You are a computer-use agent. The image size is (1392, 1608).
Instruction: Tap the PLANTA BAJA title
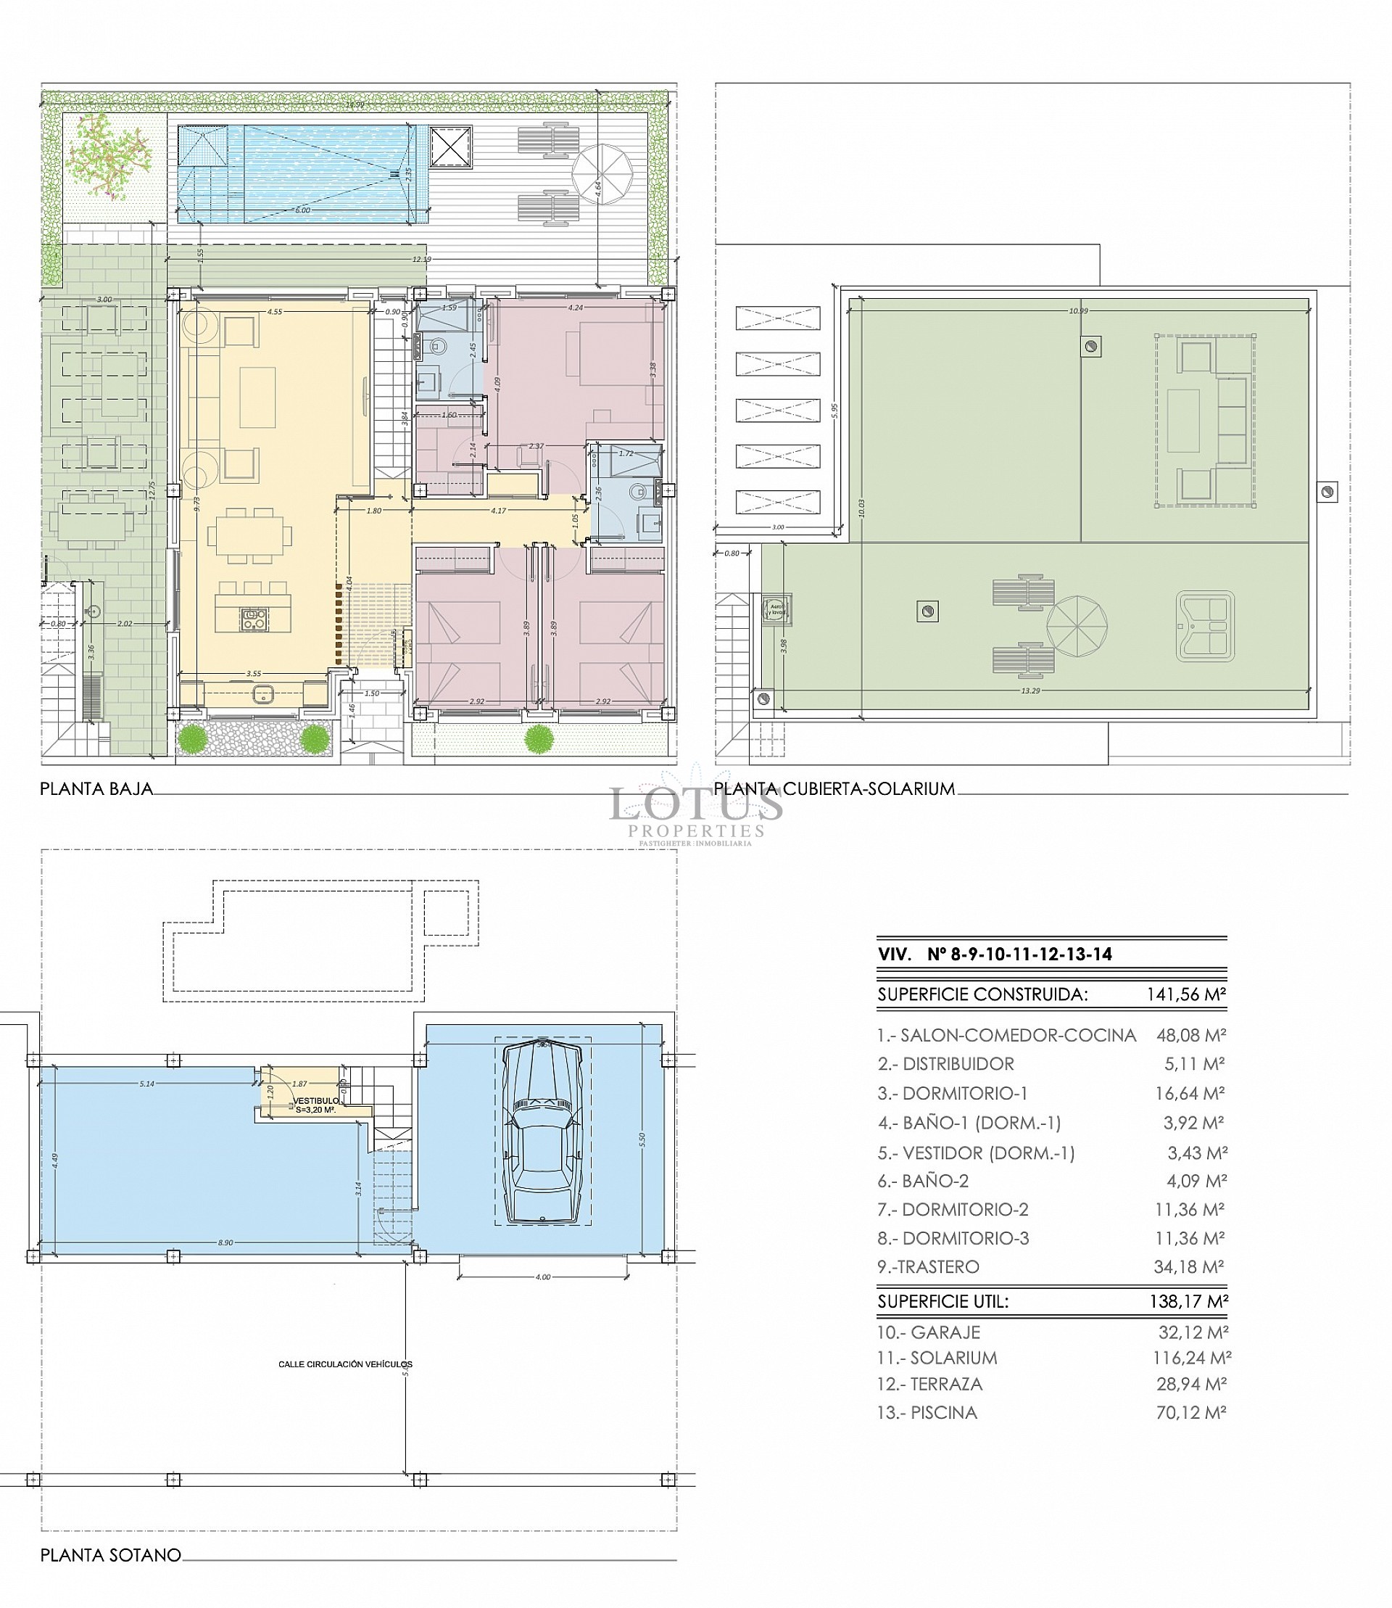(x=96, y=789)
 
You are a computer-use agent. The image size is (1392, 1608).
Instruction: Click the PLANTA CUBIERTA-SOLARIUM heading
(x=835, y=789)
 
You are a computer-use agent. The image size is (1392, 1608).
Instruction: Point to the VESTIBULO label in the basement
(x=315, y=1101)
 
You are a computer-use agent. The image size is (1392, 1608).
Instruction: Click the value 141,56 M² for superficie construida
(x=1185, y=994)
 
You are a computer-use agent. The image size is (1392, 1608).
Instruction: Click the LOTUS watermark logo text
(x=695, y=804)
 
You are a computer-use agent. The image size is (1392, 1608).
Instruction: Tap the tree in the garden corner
(x=108, y=154)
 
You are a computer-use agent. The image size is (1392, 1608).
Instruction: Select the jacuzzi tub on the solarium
(x=1205, y=627)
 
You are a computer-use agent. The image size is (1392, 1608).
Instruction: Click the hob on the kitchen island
(x=254, y=619)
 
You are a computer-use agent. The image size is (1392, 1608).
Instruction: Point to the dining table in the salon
(x=250, y=535)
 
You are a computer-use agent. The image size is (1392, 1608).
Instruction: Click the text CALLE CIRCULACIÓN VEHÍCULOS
(x=345, y=1364)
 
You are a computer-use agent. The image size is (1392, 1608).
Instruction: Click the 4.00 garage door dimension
(x=542, y=1277)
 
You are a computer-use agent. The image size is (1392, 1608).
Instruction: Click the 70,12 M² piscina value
(x=1190, y=1412)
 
